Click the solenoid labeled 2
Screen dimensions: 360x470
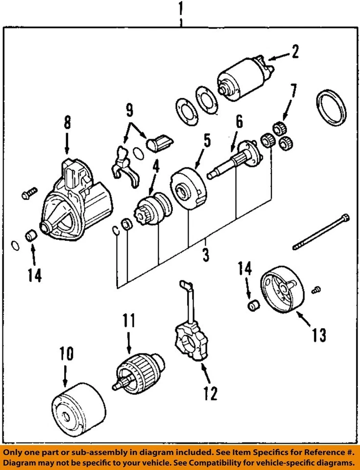click(245, 78)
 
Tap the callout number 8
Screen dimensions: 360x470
click(68, 122)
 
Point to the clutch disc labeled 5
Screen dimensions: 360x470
click(188, 188)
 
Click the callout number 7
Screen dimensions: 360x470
click(293, 92)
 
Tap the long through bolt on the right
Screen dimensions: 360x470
click(321, 232)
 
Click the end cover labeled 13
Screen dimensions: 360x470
click(282, 289)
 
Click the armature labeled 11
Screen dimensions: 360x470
click(139, 373)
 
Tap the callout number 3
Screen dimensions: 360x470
click(206, 254)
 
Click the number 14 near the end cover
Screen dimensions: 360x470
click(245, 268)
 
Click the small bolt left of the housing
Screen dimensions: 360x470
click(30, 193)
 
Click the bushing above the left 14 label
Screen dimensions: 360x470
click(30, 235)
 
